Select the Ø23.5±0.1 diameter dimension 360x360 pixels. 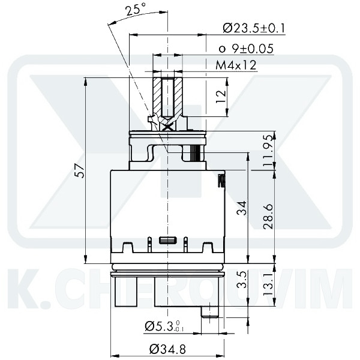point(253,28)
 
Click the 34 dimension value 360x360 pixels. point(241,208)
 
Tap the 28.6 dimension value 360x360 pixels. point(268,216)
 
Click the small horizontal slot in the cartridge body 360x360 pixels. point(167,241)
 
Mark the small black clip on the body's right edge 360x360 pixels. point(221,179)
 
